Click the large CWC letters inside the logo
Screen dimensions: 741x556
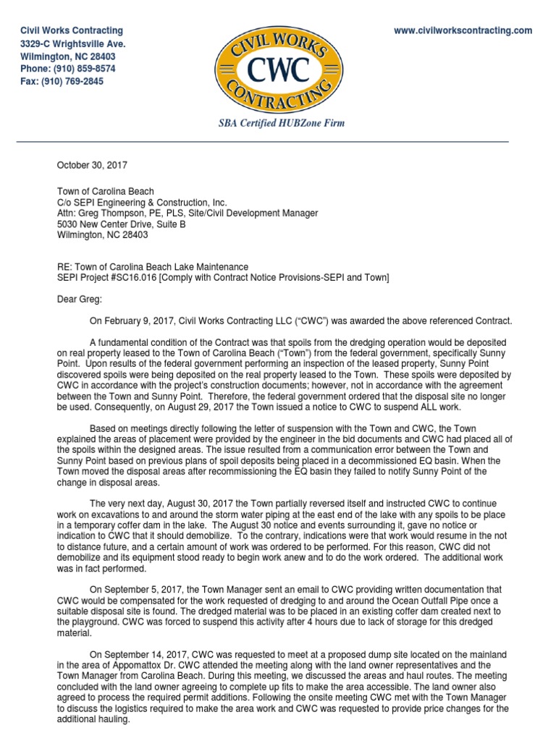(x=279, y=71)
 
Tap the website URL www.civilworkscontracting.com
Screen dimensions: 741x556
(x=463, y=30)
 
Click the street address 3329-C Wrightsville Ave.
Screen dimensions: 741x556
(x=72, y=43)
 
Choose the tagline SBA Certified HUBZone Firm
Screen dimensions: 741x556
(x=282, y=123)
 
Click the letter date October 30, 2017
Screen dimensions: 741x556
(x=92, y=166)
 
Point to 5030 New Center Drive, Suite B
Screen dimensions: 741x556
(x=121, y=224)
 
